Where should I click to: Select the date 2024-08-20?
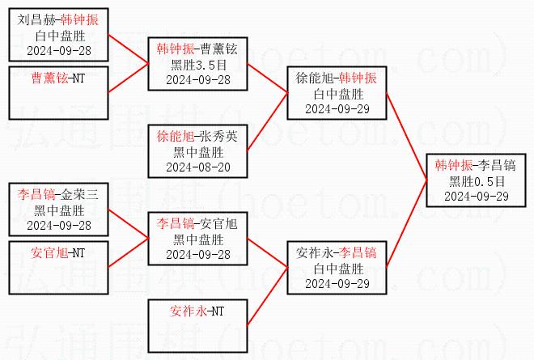pos(197,167)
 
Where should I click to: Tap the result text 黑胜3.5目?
pos(197,65)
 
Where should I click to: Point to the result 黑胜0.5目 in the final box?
pos(476,180)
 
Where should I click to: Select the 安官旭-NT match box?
pos(58,265)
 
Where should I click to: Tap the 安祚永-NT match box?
pos(197,323)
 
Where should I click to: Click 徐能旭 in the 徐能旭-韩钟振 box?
pos(314,78)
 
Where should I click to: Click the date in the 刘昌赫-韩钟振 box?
pos(58,50)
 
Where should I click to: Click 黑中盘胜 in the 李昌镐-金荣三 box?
pos(58,210)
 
